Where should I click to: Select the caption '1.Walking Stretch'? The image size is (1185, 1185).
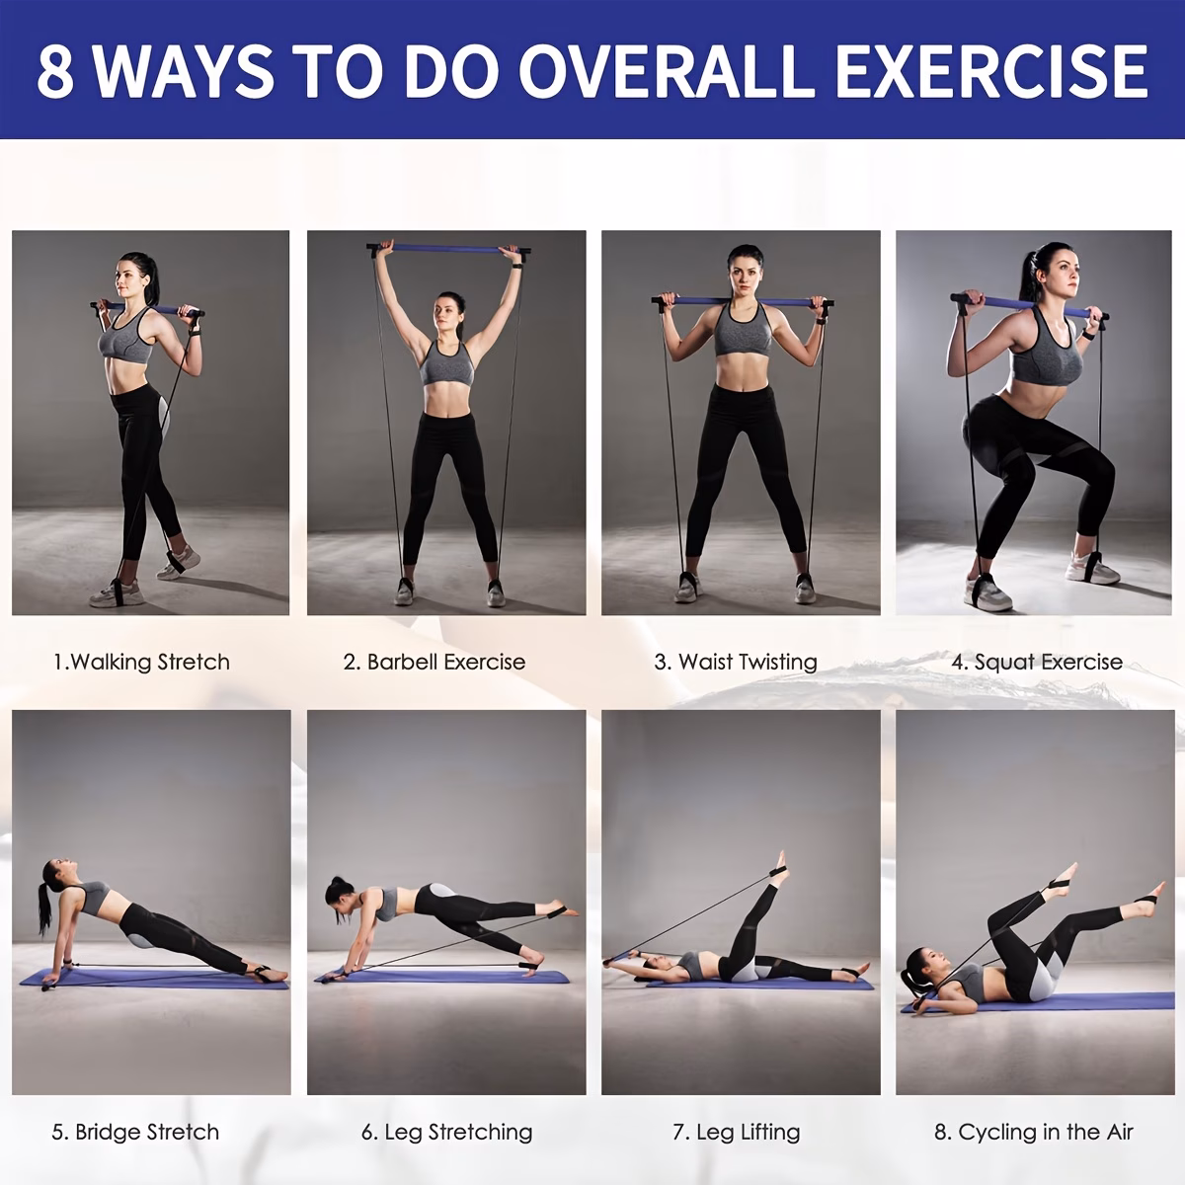pos(141,662)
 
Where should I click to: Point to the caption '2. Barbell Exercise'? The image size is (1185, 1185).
pos(434,662)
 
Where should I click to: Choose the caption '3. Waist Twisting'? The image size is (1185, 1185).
pos(736,662)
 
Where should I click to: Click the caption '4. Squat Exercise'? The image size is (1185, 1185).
pos(1037,662)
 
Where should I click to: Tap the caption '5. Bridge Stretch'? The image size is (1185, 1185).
pos(135,1132)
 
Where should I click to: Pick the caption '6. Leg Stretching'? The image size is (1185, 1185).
pos(446,1132)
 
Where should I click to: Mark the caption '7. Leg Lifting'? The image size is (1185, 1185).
pos(736,1132)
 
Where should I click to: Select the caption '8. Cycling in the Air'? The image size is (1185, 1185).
pos(1033,1132)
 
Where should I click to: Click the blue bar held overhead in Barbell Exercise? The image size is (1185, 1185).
pos(448,250)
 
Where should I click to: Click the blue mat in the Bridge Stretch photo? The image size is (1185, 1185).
pos(154,978)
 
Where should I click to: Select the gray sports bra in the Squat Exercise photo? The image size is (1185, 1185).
pos(1046,354)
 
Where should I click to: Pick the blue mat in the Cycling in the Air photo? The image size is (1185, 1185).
pos(1039,1002)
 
